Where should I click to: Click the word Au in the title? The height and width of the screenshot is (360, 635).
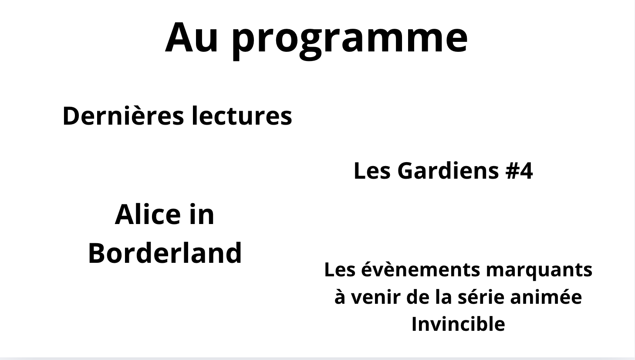(191, 38)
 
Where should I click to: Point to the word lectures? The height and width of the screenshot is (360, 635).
(242, 116)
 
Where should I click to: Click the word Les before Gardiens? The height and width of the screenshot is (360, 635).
(372, 171)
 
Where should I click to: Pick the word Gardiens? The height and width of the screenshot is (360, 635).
(448, 171)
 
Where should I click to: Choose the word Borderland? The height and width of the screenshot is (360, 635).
(165, 253)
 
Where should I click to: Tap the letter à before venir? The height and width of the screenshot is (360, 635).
(340, 296)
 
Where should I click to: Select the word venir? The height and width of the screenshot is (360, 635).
(375, 297)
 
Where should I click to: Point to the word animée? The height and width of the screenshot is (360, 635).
(546, 297)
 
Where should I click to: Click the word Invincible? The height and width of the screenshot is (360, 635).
(458, 324)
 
